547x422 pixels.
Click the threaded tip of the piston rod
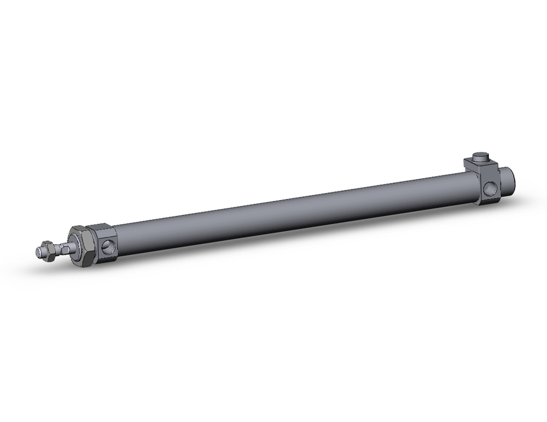pos(39,252)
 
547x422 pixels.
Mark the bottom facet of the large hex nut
pos(83,263)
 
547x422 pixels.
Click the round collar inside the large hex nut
pos(73,247)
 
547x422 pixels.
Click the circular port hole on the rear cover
pos(490,188)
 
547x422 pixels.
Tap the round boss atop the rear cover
pos(480,157)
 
